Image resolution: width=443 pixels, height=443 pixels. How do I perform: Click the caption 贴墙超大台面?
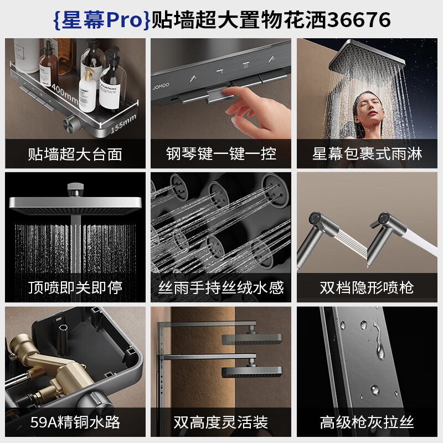pos(75,153)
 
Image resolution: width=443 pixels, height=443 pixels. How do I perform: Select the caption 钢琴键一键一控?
pos(221,153)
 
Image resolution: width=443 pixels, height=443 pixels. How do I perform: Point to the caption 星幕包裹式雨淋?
pos(367,153)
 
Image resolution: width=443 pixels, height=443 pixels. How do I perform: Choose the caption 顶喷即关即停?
pos(75,287)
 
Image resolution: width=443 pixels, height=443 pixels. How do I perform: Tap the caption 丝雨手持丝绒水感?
pos(221,287)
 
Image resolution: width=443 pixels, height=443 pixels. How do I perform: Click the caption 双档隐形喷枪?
pos(367,287)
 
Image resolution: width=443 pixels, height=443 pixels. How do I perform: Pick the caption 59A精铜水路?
pos(75,423)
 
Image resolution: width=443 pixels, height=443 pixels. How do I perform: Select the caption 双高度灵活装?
pos(221,423)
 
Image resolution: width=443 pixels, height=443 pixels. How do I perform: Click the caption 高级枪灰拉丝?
pos(367,423)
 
